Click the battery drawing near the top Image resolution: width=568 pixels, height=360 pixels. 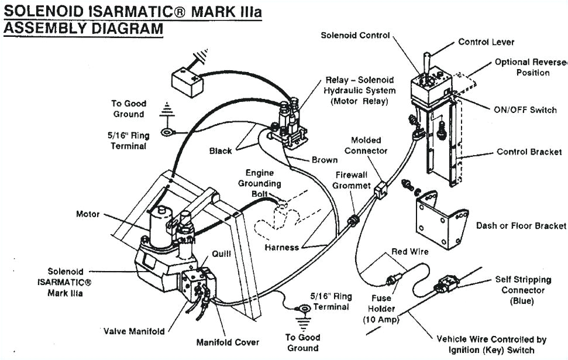click(x=187, y=77)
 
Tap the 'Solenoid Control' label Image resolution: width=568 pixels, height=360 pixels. click(x=355, y=35)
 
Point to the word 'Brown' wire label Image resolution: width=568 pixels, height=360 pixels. click(x=324, y=160)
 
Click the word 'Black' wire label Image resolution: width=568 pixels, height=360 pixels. click(x=221, y=151)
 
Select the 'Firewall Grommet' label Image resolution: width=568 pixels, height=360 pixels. click(x=353, y=180)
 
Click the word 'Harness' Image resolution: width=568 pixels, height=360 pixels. click(x=281, y=248)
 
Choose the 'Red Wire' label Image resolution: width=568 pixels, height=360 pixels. click(x=410, y=252)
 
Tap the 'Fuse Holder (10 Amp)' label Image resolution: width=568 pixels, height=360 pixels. click(x=381, y=308)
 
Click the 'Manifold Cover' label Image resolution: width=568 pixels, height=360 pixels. click(x=228, y=342)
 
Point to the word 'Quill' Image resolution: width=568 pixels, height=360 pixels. click(x=222, y=253)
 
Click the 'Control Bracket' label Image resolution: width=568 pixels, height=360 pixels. click(x=529, y=152)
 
